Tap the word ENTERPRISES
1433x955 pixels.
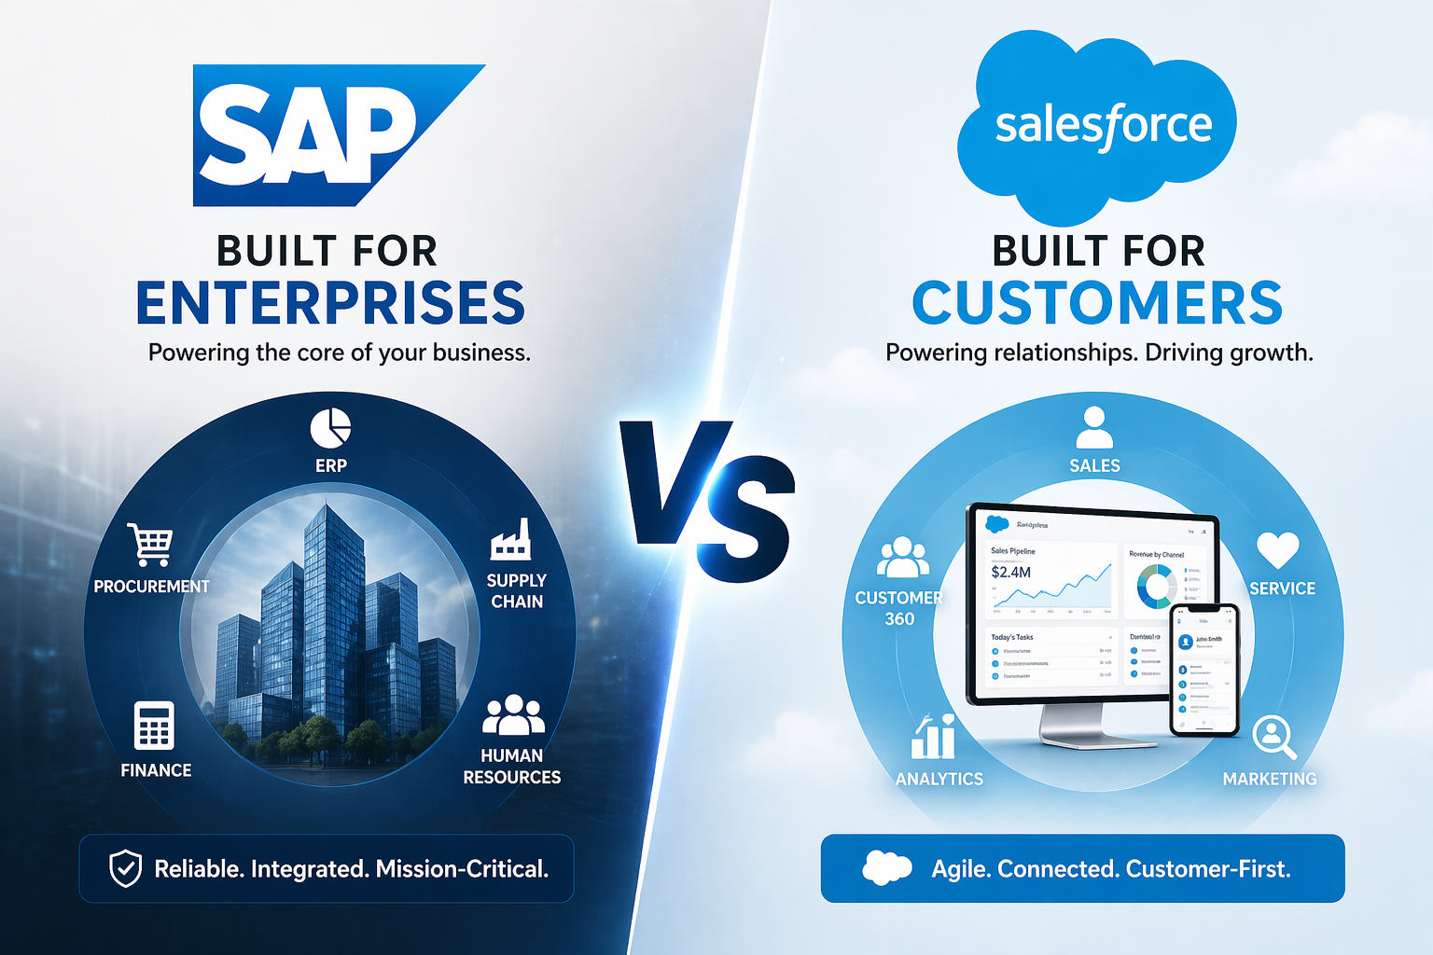(331, 303)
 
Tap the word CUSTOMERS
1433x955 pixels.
(1097, 303)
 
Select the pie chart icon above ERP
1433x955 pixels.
(330, 428)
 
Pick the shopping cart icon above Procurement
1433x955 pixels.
(151, 544)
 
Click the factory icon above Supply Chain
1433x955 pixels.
(511, 540)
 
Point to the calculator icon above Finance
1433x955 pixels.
(154, 726)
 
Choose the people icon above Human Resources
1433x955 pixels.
(512, 715)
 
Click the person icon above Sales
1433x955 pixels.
(1094, 428)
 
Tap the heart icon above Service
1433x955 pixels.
(1277, 549)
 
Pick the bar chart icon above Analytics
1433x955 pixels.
(934, 738)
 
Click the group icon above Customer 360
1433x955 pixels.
(902, 558)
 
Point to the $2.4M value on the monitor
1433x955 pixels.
(1011, 572)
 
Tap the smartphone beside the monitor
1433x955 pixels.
(1204, 669)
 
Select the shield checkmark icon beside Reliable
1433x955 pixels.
(125, 868)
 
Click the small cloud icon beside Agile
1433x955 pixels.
(886, 868)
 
